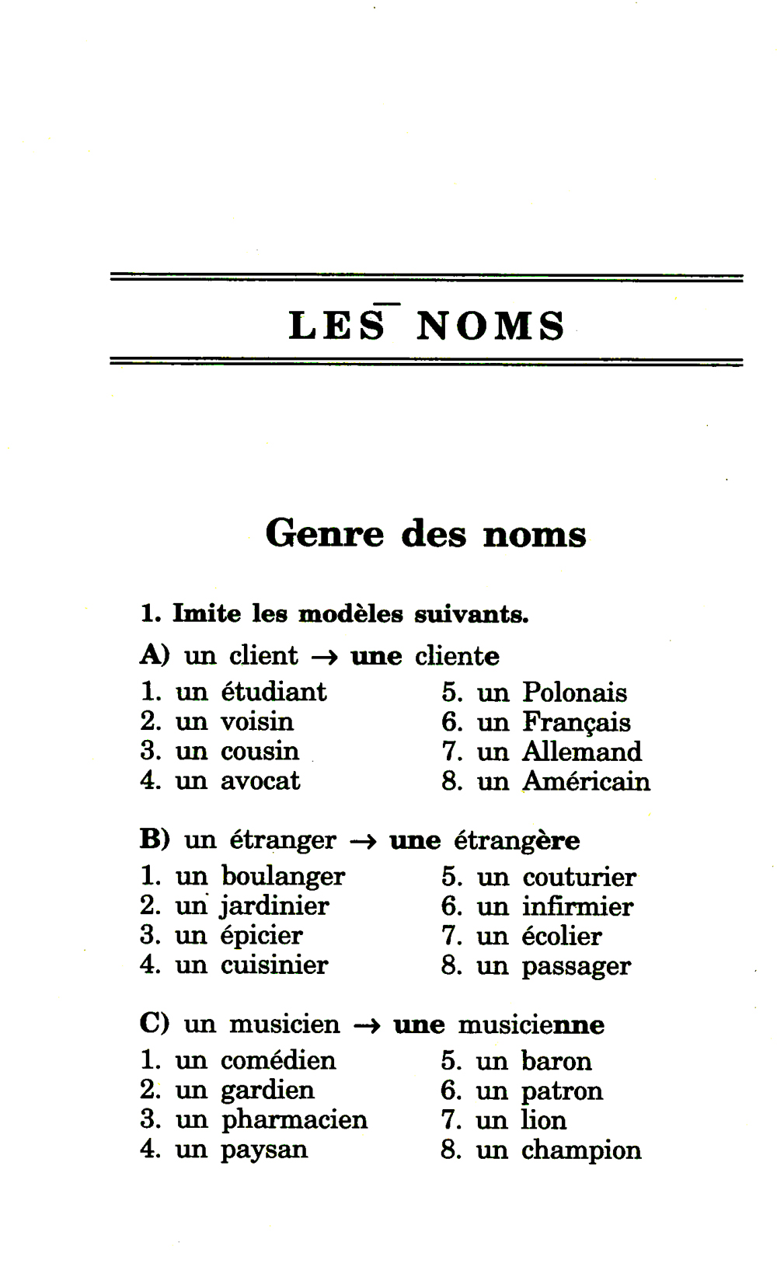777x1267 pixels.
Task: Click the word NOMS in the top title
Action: pos(491,326)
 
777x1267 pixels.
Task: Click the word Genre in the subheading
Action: pos(325,534)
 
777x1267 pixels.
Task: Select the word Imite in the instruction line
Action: pos(207,613)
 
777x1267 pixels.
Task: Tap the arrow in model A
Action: pos(325,657)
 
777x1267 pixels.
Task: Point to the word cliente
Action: pos(457,656)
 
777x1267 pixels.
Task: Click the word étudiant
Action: pos(274,692)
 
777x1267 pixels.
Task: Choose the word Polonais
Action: pos(574,693)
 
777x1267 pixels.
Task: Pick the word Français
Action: pos(576,723)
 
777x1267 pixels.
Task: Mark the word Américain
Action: pos(586,781)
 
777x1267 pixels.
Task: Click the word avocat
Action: pos(260,780)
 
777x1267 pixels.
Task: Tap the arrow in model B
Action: pos(363,841)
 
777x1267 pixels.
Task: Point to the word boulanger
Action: pos(283,877)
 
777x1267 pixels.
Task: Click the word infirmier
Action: pos(577,906)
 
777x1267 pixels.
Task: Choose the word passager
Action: pos(576,967)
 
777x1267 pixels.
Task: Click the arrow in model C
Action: pos(367,1025)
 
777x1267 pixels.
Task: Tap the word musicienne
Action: pos(531,1025)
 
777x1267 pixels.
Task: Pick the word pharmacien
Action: pos(294,1120)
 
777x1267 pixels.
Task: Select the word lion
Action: pos(544,1120)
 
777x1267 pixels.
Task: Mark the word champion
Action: pos(581,1150)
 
